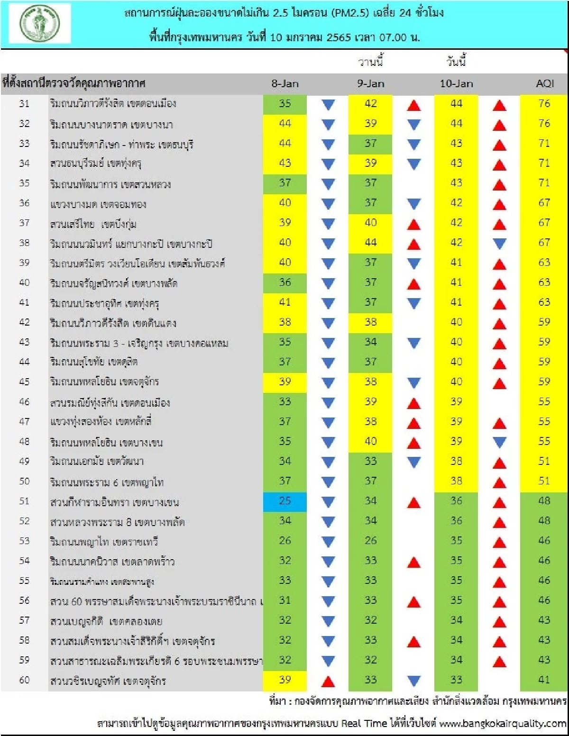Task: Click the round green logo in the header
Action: coord(40,23)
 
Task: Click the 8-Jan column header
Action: coord(285,84)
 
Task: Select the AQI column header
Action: coord(545,84)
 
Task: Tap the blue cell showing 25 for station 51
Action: coord(285,501)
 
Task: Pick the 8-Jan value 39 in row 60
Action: coord(285,680)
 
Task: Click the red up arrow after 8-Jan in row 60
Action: coord(328,681)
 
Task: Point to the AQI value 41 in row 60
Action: coord(544,680)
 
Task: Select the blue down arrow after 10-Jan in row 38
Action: coord(499,244)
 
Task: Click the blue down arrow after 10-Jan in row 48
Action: coord(499,443)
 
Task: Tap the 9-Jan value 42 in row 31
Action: coord(371,104)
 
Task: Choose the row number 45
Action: coord(24,382)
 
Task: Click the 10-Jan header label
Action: coord(456,84)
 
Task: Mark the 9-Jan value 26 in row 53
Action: coord(371,541)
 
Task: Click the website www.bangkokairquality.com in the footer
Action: coord(503,723)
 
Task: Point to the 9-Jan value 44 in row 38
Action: coord(371,243)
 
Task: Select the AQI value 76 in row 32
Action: coord(544,124)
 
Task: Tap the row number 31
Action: coord(24,104)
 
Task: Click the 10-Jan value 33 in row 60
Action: coord(456,680)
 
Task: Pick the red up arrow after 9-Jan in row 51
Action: coord(414,502)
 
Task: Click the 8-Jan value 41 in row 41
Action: coord(285,302)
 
